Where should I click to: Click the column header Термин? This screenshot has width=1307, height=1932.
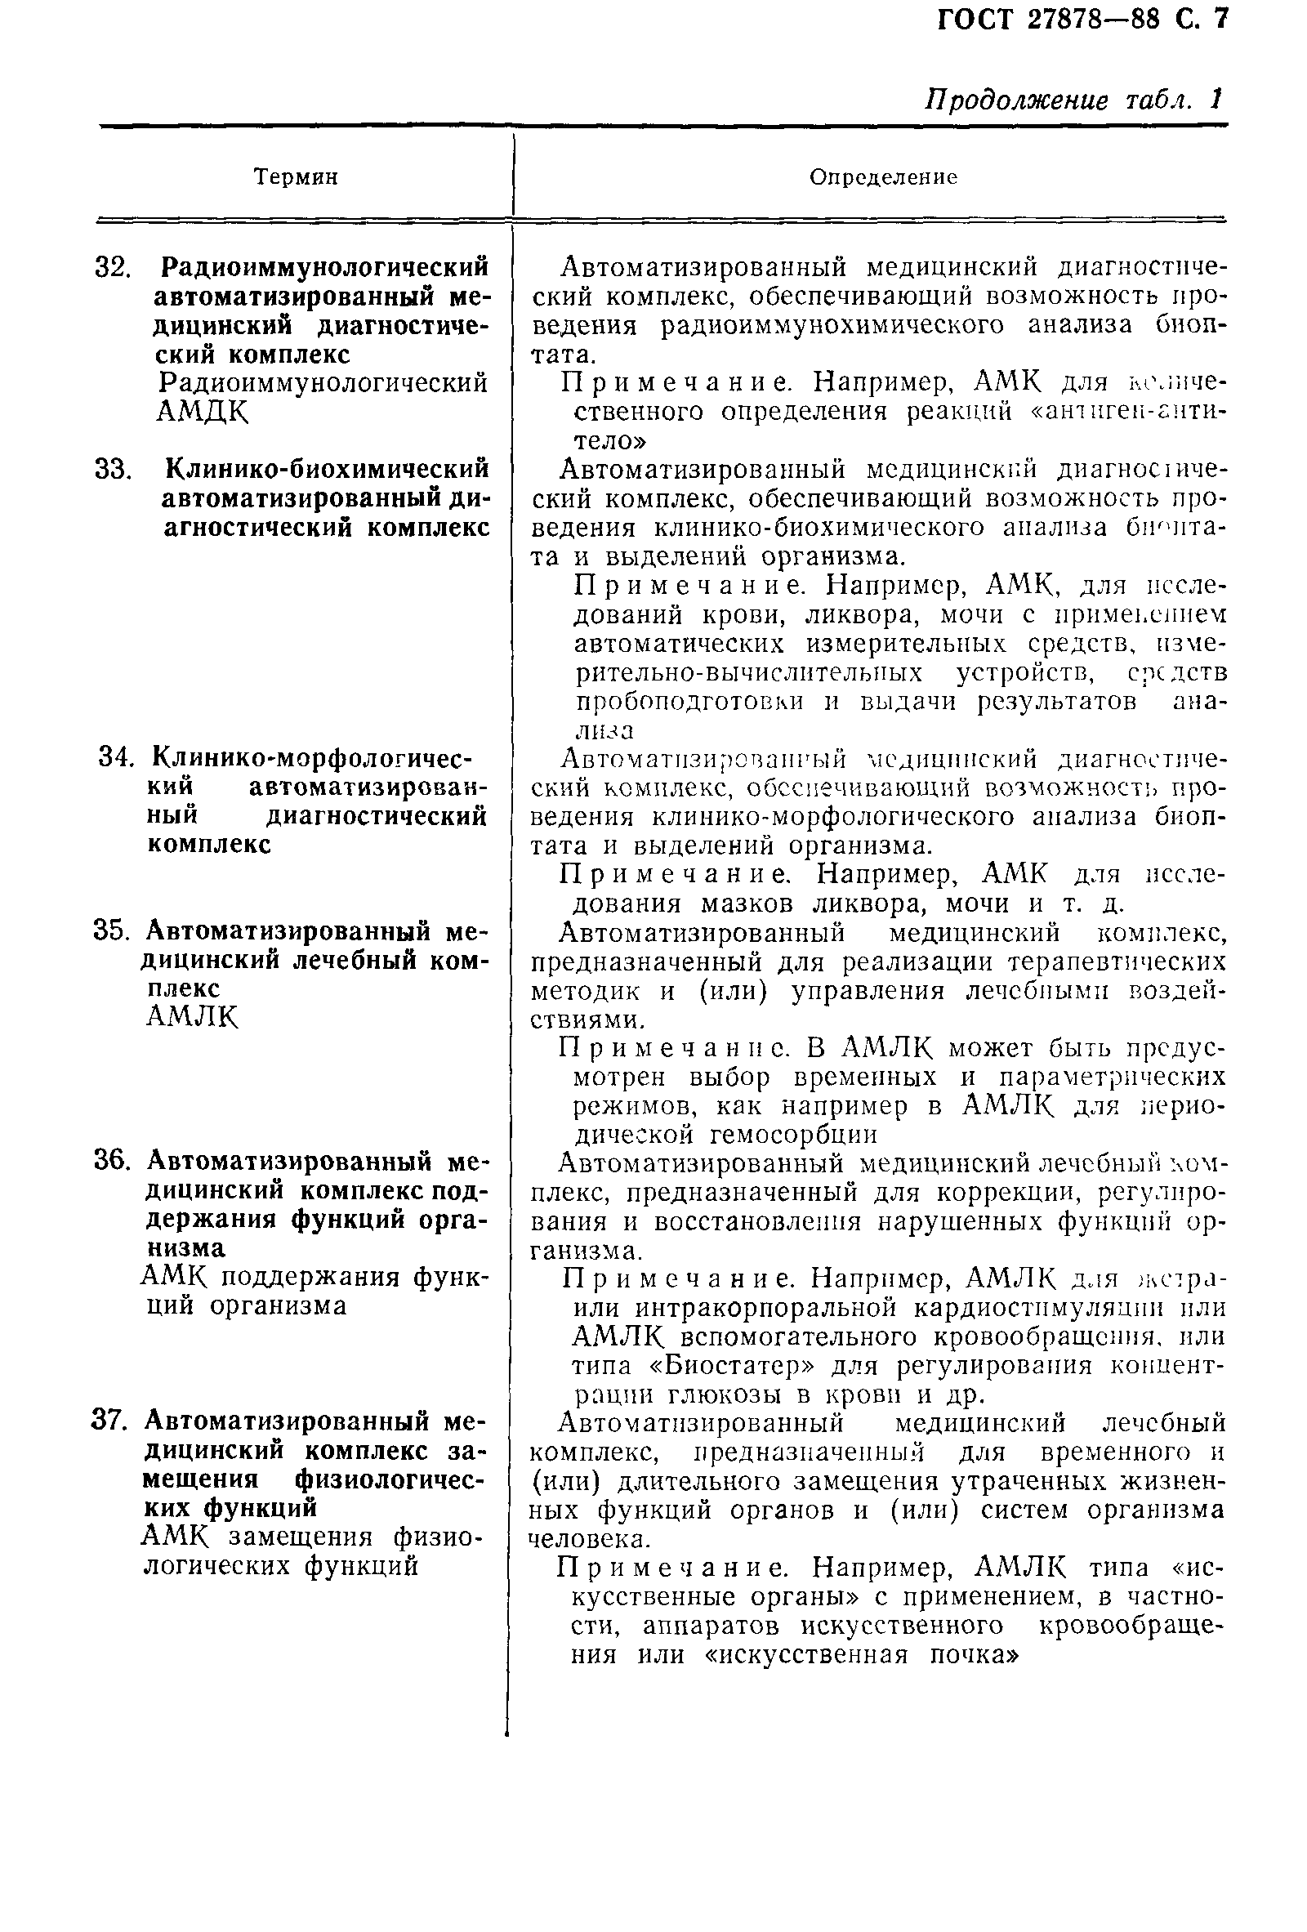296,177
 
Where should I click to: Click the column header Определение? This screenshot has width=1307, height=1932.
883,177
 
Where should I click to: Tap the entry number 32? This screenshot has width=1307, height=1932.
114,268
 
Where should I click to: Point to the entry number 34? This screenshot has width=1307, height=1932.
116,758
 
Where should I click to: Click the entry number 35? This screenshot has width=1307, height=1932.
114,931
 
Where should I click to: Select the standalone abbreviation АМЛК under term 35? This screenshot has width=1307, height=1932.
192,1018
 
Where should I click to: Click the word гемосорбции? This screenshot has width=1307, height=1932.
794,1133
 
